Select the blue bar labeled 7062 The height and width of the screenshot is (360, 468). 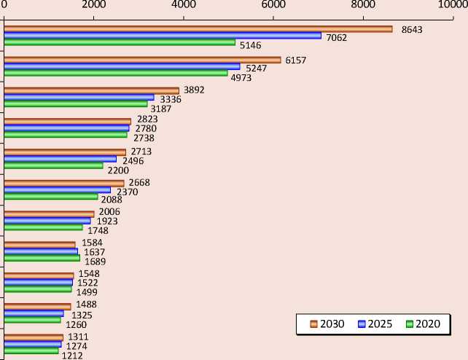pos(163,36)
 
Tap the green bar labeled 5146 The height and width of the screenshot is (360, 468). pos(120,42)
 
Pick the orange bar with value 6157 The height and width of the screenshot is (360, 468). pos(142,60)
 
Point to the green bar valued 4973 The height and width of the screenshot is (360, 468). pos(116,73)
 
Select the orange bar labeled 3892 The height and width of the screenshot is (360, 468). pos(91,90)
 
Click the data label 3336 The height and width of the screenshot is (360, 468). pos(171,99)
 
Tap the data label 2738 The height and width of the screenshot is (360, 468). pos(144,138)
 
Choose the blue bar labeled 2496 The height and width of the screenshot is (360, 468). pos(60,159)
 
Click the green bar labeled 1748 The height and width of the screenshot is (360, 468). pos(43,227)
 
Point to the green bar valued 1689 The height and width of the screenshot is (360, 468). pos(42,258)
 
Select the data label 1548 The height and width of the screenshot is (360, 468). pos(88,274)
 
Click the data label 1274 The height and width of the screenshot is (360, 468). pos(77,346)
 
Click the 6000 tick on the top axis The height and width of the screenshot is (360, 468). pos(273,5)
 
